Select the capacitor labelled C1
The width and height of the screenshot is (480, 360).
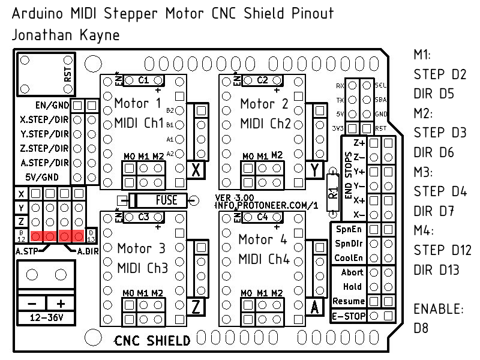pos(143,80)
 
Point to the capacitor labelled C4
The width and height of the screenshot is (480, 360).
pos(262,217)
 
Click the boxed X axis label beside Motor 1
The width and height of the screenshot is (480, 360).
pos(196,170)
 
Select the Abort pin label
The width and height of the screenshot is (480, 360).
pos(352,272)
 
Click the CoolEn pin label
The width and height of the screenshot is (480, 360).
pos(349,257)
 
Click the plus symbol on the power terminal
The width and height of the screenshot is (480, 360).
pos(60,302)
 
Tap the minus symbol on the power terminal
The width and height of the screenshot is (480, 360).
pos(31,302)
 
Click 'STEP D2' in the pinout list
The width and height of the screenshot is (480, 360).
pos(440,75)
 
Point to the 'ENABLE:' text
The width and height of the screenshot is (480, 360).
pos(439,310)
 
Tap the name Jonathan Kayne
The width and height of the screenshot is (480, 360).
pos(65,35)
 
